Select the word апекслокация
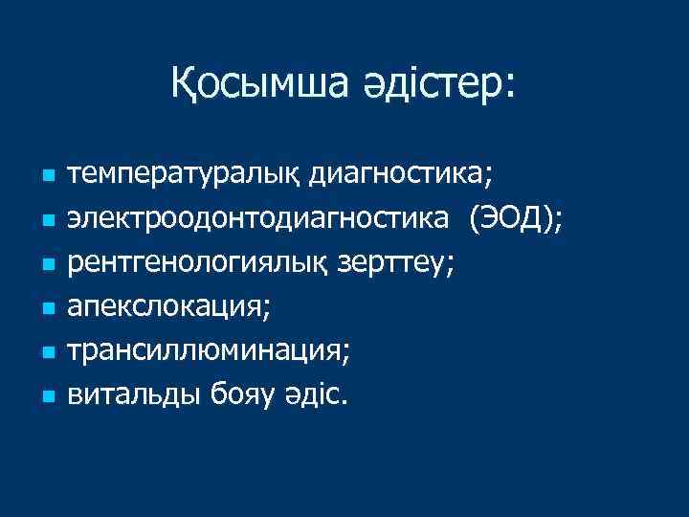(x=168, y=307)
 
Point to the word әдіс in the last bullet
(x=315, y=395)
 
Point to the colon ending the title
(x=507, y=86)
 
